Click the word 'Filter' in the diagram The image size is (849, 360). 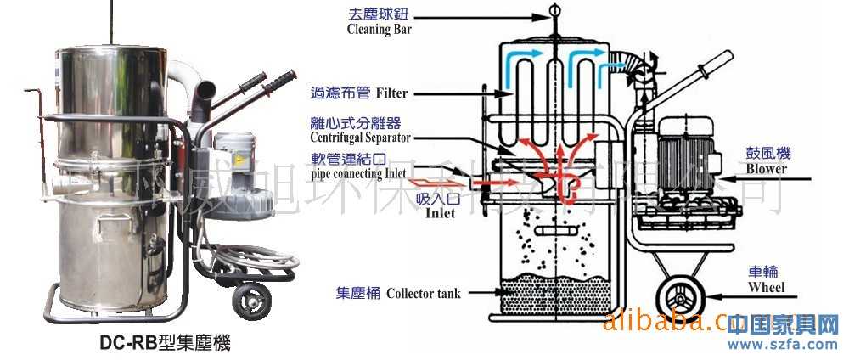point(391,90)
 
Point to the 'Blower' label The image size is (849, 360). point(767,168)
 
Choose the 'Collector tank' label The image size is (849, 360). point(424,294)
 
